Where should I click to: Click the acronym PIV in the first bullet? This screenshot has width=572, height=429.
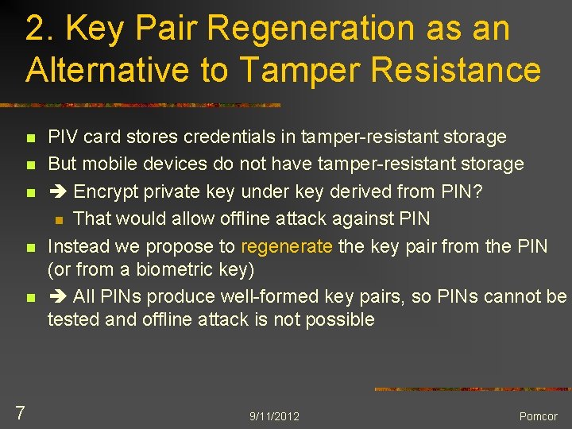(x=63, y=137)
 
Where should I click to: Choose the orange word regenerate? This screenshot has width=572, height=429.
(x=286, y=246)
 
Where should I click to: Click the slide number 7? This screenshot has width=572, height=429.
(x=21, y=412)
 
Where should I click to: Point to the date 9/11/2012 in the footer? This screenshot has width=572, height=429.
(x=274, y=416)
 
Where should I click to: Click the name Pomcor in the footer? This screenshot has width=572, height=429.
(x=539, y=416)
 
